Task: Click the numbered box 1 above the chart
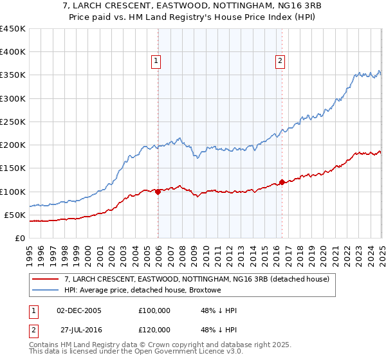[x=156, y=61]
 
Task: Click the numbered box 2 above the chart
[x=280, y=61]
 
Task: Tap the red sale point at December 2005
[x=158, y=192]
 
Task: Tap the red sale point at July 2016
[x=282, y=182]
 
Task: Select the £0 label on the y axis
[x=19, y=238]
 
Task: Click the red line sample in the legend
[x=44, y=279]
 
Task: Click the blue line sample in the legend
[x=44, y=291]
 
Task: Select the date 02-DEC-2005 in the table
[x=79, y=310]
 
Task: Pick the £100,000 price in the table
[x=154, y=310]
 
